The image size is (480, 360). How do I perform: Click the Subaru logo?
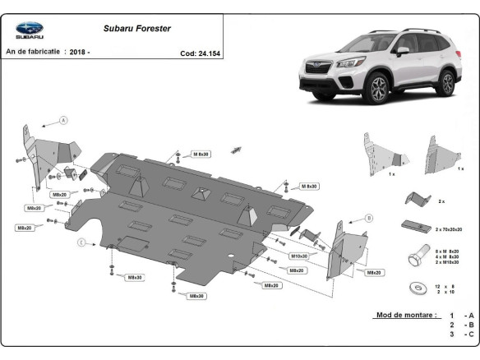tap(30, 30)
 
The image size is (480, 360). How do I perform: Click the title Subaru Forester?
tap(136, 28)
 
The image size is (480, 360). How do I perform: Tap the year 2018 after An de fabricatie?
tap(78, 52)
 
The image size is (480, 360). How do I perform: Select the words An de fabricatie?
tap(31, 52)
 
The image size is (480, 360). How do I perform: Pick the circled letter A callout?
tap(63, 121)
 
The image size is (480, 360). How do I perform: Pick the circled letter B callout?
tap(369, 218)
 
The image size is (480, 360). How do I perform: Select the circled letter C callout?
tap(82, 242)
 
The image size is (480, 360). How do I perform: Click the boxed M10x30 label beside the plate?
tap(298, 256)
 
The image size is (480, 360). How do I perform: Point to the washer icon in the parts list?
tap(413, 288)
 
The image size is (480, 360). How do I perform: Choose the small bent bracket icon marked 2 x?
tap(415, 199)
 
